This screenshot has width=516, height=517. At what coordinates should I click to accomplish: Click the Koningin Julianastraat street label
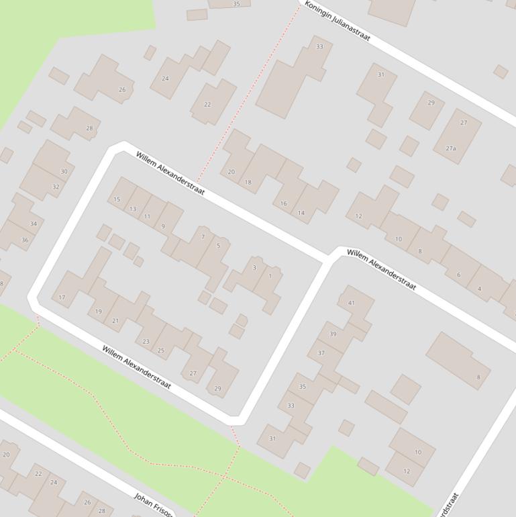click(x=337, y=21)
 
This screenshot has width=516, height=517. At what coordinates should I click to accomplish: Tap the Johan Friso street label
click(x=154, y=506)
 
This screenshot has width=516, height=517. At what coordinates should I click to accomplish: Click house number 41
click(x=351, y=303)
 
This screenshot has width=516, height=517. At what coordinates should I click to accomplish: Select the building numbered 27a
click(x=451, y=148)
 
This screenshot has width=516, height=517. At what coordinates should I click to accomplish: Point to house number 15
click(x=117, y=199)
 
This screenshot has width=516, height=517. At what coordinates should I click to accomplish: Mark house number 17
click(x=62, y=297)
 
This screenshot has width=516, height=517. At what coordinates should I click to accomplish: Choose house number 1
click(x=270, y=276)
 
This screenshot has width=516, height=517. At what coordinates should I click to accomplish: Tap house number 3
click(x=254, y=268)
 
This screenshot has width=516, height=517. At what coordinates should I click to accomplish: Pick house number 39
click(x=333, y=334)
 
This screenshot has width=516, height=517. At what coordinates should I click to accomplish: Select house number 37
click(x=321, y=353)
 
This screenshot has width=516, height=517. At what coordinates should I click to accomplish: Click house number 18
click(x=248, y=182)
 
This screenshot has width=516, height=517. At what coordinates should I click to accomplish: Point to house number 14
click(x=301, y=213)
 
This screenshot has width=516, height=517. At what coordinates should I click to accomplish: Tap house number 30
click(x=64, y=172)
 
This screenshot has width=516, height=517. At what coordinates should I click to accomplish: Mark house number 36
click(x=25, y=240)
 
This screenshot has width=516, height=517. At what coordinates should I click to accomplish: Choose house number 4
click(x=479, y=289)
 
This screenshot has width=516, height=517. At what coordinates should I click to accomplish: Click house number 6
click(x=458, y=275)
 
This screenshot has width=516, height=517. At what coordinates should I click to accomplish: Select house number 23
click(x=146, y=342)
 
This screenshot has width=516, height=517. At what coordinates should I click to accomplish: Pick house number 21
click(x=115, y=321)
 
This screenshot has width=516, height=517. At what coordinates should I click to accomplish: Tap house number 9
click(x=163, y=227)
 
